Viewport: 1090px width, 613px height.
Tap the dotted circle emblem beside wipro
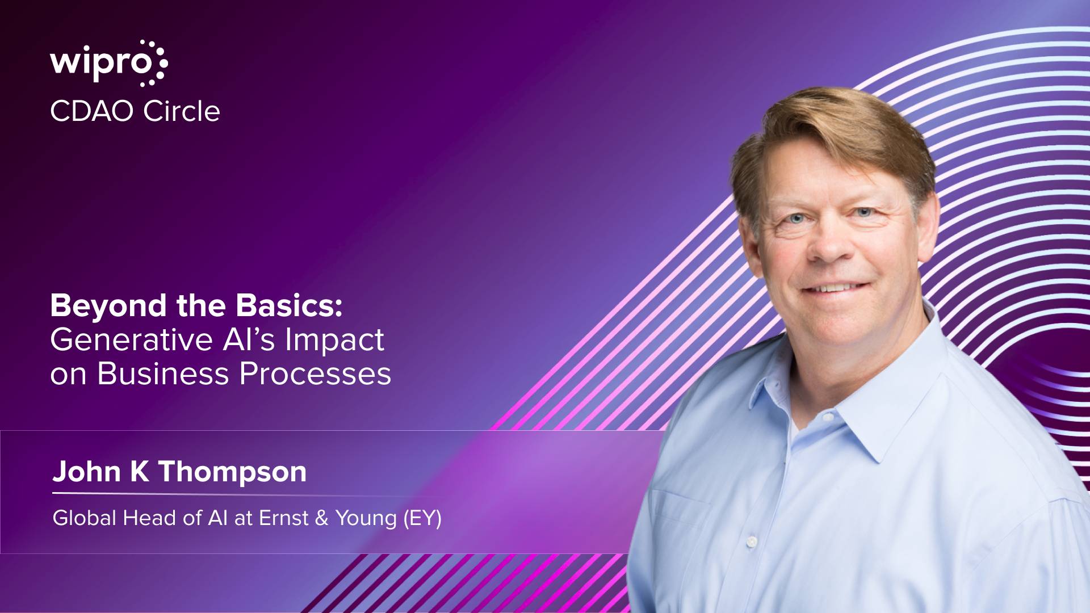(x=153, y=63)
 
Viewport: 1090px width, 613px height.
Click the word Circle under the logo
(x=181, y=111)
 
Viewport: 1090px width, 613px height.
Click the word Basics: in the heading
(x=289, y=305)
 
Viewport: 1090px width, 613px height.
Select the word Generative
(x=131, y=339)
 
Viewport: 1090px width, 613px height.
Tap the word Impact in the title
(x=334, y=341)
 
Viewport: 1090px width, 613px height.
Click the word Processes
(x=315, y=374)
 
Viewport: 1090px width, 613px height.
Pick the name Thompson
(x=232, y=472)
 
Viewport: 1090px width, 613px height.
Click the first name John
(x=87, y=472)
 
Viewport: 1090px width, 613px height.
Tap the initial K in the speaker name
(x=140, y=472)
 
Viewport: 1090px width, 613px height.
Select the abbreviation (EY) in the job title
(x=422, y=518)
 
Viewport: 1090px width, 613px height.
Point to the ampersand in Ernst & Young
(x=322, y=518)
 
